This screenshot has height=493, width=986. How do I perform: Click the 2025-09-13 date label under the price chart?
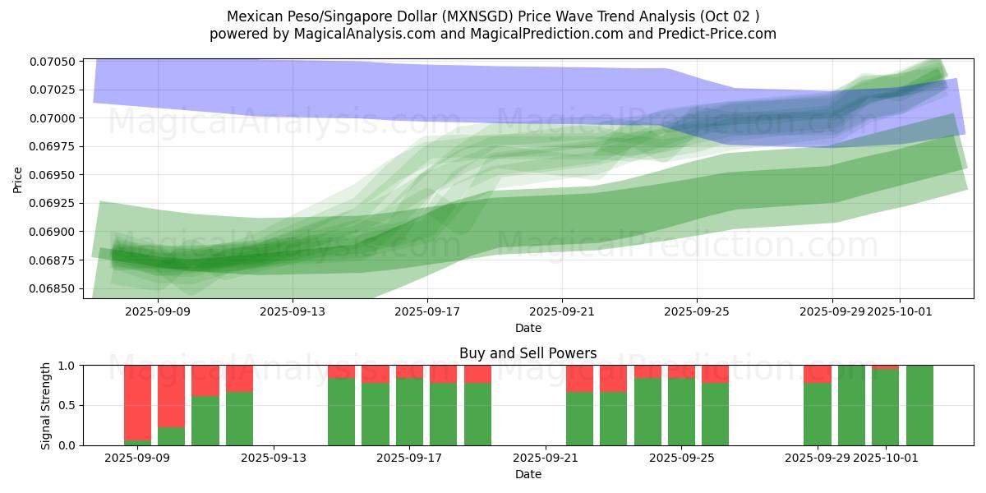click(x=292, y=312)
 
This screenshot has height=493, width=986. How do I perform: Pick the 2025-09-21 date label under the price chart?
click(x=562, y=312)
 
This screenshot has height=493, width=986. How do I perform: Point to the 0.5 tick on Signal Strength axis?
click(x=67, y=405)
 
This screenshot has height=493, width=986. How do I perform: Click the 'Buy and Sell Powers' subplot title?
click(x=528, y=353)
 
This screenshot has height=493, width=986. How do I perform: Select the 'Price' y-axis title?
click(x=18, y=179)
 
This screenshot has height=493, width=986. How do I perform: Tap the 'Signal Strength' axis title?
click(x=46, y=405)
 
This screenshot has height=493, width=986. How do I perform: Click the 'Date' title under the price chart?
click(x=528, y=328)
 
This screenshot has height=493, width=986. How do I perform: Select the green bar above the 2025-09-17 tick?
click(x=409, y=412)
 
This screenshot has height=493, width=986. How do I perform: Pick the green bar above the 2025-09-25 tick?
click(x=681, y=412)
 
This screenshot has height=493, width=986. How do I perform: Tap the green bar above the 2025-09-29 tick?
click(x=817, y=414)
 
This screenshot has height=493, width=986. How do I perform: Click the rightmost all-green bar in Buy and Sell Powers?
click(x=919, y=405)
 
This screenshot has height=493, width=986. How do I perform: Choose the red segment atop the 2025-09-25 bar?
click(x=681, y=371)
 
